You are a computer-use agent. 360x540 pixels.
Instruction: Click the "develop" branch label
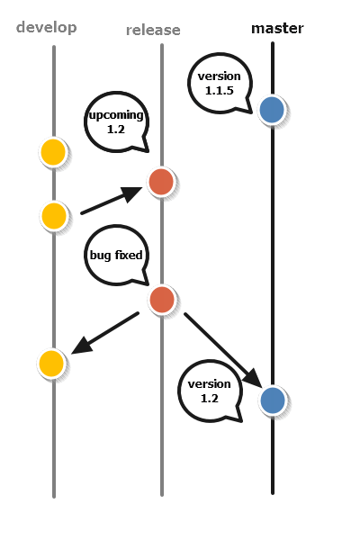(x=47, y=28)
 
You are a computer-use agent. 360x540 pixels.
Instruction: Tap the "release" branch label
(x=153, y=31)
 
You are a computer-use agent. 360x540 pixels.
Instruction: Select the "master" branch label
(x=277, y=28)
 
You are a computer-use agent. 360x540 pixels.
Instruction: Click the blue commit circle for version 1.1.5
(x=272, y=110)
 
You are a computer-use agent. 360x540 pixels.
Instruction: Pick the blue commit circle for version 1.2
(x=273, y=400)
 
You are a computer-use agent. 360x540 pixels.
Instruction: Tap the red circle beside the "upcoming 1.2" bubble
(x=161, y=182)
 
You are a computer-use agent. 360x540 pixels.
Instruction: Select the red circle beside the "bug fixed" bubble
(x=162, y=300)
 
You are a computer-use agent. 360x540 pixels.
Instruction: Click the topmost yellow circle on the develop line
(x=53, y=152)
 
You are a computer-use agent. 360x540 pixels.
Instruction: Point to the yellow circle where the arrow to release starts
(x=54, y=216)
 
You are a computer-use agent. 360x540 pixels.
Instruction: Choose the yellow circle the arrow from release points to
(x=51, y=364)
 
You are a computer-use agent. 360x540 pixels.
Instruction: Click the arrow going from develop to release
(x=112, y=201)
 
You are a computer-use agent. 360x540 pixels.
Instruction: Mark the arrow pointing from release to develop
(x=105, y=333)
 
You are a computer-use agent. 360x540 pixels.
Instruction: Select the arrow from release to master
(x=223, y=350)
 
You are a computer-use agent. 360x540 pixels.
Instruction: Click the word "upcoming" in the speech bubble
(x=116, y=115)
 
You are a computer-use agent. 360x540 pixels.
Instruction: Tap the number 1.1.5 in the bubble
(x=219, y=91)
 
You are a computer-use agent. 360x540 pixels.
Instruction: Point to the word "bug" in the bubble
(x=100, y=256)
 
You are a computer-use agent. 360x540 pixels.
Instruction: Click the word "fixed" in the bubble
(x=129, y=255)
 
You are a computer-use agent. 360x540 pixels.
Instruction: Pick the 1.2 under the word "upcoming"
(x=116, y=130)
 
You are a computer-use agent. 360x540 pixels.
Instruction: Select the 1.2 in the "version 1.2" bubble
(x=209, y=399)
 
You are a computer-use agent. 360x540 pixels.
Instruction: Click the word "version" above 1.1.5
(x=219, y=76)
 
